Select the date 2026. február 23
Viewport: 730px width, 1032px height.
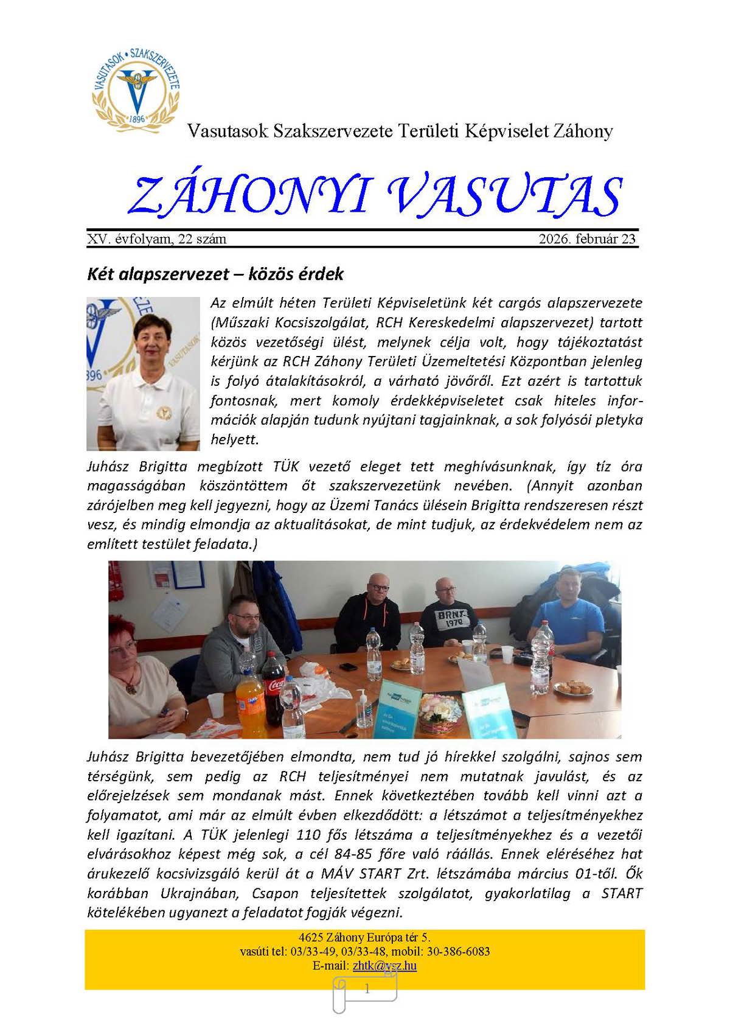click(x=587, y=239)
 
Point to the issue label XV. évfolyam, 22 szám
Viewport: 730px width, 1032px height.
click(x=157, y=239)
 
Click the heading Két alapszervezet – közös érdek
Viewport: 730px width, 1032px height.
click(x=215, y=274)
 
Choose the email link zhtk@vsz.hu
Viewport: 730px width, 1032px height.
click(x=384, y=966)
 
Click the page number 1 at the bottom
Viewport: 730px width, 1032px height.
click(x=367, y=989)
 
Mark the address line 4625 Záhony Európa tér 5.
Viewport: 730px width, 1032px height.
click(x=365, y=938)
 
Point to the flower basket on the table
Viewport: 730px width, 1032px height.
click(x=439, y=718)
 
